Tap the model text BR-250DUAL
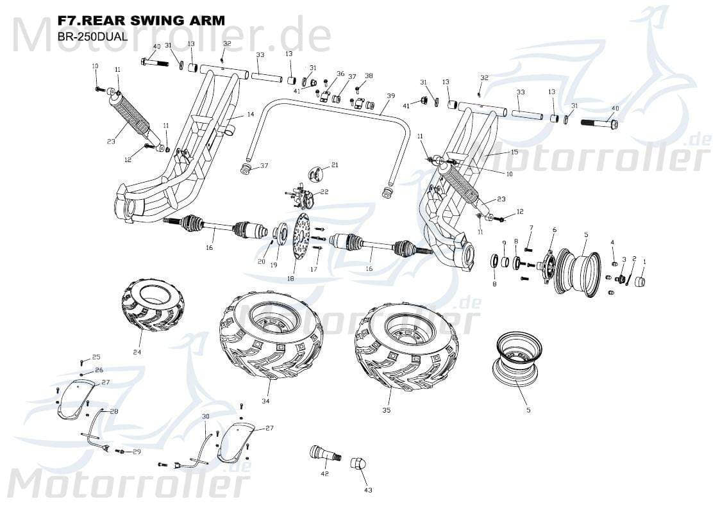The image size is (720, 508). click(x=92, y=36)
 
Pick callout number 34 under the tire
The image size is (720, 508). click(x=265, y=401)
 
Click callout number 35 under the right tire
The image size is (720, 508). click(x=386, y=409)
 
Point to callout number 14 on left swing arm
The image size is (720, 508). click(x=250, y=114)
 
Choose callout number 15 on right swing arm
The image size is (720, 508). click(x=514, y=152)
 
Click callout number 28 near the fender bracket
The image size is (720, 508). click(x=113, y=411)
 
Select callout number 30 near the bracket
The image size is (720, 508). click(x=206, y=416)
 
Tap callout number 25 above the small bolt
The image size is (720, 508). click(x=96, y=357)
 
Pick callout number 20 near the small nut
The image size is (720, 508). click(x=261, y=261)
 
